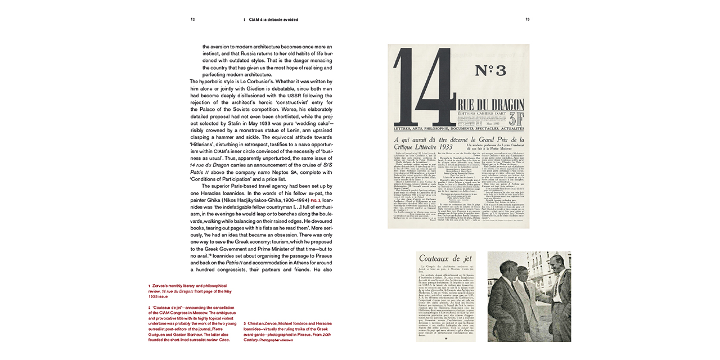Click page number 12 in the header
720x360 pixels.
pyautogui.click(x=192, y=19)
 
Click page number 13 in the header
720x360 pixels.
pyautogui.click(x=528, y=19)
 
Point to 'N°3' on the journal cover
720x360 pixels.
pyautogui.click(x=490, y=70)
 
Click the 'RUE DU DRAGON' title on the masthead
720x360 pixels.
pyautogui.click(x=483, y=105)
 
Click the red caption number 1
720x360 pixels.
pyautogui.click(x=149, y=286)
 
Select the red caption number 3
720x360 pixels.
pyautogui.click(x=245, y=324)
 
